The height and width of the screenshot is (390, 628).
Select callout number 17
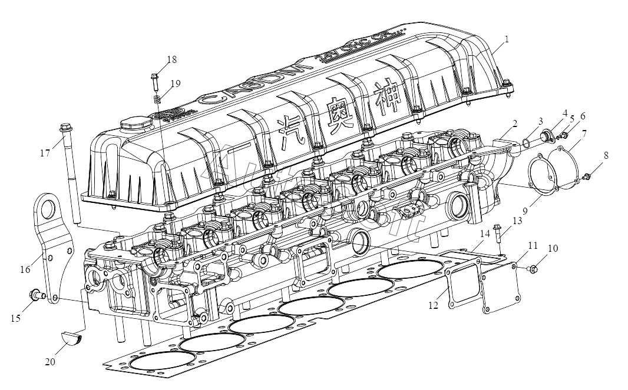coord(45,153)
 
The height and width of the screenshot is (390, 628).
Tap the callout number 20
coord(50,362)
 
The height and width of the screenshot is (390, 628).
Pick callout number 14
coord(484,234)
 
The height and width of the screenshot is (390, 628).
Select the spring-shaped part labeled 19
coord(157,99)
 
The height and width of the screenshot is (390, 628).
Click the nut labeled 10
coord(534,269)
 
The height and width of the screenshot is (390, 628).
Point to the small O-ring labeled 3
coord(527,142)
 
